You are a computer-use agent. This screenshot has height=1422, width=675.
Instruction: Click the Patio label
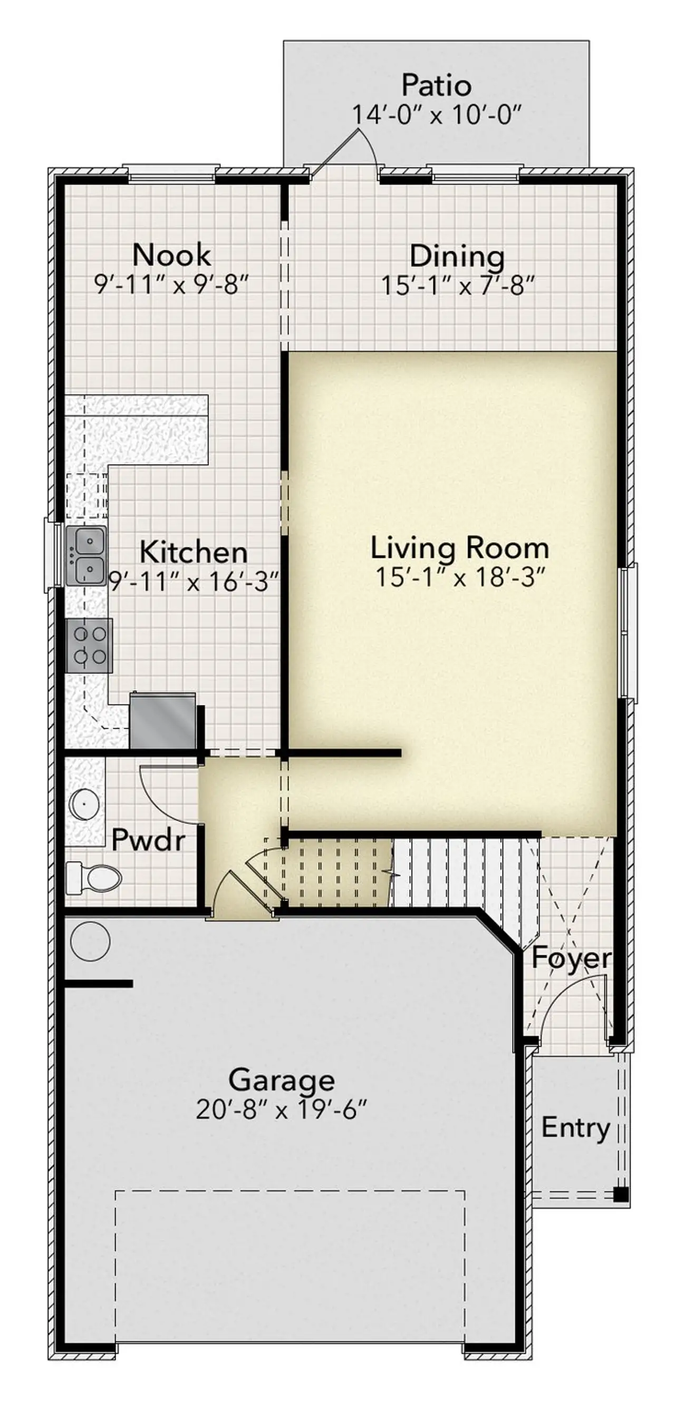436,85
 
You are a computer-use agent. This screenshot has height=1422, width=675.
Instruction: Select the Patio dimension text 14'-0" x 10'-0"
436,115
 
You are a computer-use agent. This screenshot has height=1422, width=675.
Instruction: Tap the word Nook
171,255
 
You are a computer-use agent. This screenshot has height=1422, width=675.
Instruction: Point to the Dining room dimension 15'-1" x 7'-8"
458,286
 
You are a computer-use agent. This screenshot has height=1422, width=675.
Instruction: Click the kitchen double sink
86,555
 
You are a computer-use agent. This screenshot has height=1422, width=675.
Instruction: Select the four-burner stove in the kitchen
89,645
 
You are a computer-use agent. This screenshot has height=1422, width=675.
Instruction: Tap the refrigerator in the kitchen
162,720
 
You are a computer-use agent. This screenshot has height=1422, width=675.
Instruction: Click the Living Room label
459,548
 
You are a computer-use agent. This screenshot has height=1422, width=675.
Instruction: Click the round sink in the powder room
84,805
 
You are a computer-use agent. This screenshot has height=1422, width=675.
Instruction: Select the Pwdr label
148,840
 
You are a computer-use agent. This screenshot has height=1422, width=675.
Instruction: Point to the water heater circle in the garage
90,940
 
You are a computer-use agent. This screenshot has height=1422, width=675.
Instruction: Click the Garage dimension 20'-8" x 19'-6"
281,1109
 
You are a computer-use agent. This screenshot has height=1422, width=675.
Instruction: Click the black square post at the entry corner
621,1194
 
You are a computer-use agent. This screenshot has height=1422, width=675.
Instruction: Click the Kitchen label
193,552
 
